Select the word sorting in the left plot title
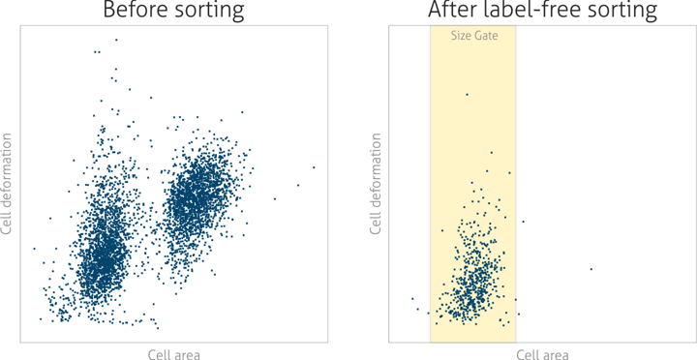click(x=206, y=12)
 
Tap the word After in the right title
click(x=454, y=12)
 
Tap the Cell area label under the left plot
click(x=174, y=354)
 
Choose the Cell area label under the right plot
click(x=542, y=354)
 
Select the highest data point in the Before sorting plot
click(x=116, y=40)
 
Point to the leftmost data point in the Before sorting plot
click(x=34, y=249)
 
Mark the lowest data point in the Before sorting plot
click(x=158, y=328)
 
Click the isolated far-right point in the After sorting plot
click(x=591, y=269)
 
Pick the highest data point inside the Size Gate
click(x=467, y=94)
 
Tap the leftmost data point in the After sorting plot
click(x=411, y=299)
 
